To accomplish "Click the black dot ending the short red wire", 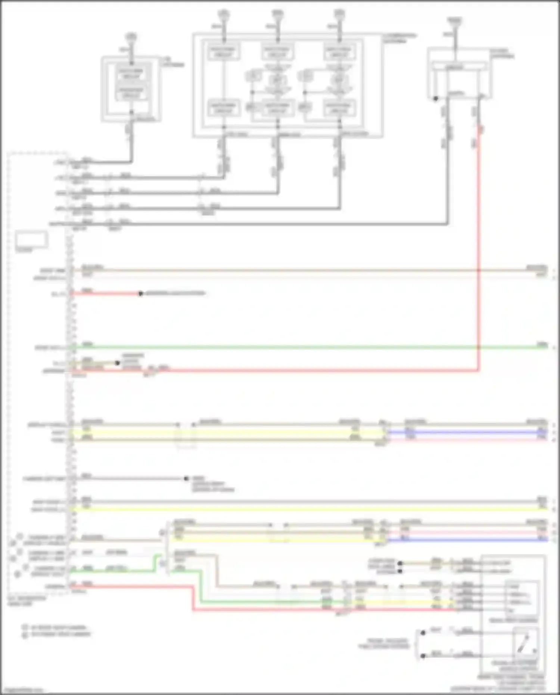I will click(x=140, y=294).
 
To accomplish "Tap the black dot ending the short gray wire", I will click(x=186, y=478).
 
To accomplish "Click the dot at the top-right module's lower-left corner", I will click(x=435, y=99).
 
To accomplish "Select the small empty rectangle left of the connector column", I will click(x=31, y=239).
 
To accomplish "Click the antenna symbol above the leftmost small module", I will click(x=131, y=37).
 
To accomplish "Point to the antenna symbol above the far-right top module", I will click(x=454, y=21).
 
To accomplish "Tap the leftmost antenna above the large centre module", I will click(x=223, y=14).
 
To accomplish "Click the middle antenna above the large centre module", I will click(x=277, y=14).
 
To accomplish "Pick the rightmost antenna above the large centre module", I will click(x=339, y=14).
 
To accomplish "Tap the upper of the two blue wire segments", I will click(x=467, y=432).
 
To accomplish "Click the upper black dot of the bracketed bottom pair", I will click(x=423, y=633).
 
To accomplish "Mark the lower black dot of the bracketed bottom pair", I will click(x=423, y=656).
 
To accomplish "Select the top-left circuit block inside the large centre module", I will click(x=223, y=52).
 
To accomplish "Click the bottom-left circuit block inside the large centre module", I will click(x=223, y=108).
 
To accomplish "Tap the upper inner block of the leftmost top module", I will click(x=131, y=74).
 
